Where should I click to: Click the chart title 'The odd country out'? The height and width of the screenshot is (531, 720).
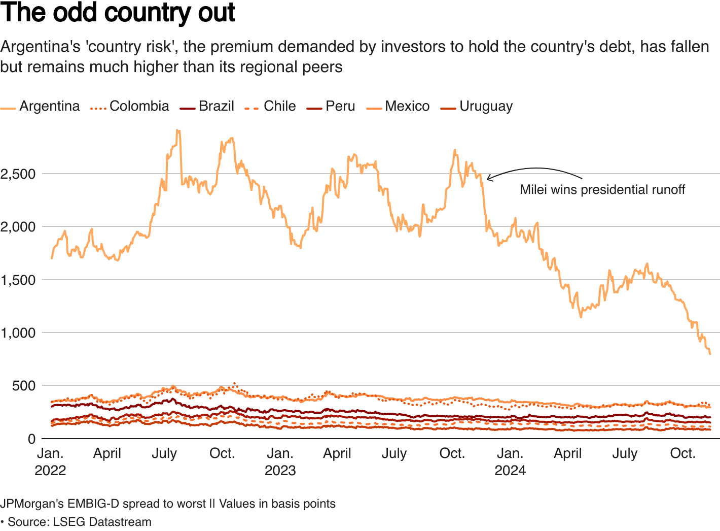118,13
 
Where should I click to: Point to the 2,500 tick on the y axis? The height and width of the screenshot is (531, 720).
18,174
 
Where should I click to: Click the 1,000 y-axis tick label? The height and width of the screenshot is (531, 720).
18,333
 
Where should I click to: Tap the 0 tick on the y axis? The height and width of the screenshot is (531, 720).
31,439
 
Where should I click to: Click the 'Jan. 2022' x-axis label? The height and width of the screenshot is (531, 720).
50,461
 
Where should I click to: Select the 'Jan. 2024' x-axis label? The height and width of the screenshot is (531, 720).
510,461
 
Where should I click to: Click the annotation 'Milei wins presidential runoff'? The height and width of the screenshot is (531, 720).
602,190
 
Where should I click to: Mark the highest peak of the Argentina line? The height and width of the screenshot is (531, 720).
177,130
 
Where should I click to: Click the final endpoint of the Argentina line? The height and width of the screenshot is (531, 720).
710,354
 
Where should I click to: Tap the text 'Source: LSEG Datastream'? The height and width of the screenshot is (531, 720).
79,522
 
